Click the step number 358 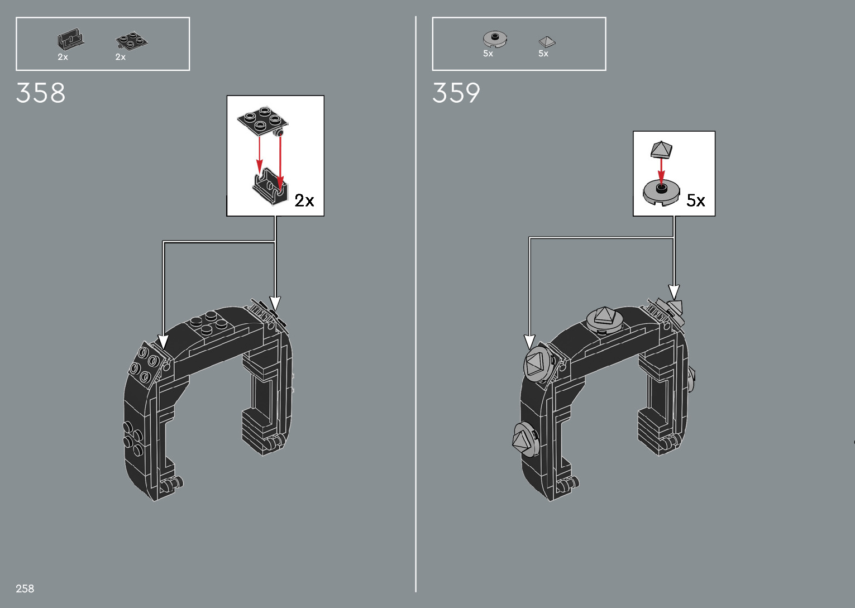tap(40, 93)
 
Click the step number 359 tap(456, 93)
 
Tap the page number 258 tap(25, 588)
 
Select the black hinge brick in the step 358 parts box tap(70, 39)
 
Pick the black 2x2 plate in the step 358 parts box tap(131, 41)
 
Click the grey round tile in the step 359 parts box tap(495, 39)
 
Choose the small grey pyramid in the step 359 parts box tap(547, 42)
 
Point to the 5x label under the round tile tap(488, 54)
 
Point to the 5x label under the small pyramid tap(543, 54)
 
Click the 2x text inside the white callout tap(304, 200)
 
